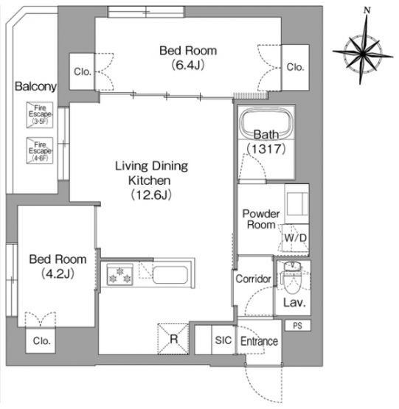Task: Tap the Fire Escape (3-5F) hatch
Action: coord(40,115)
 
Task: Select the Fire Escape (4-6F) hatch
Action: coord(40,150)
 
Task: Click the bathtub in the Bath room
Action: coord(266,124)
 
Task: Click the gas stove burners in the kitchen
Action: coord(120,274)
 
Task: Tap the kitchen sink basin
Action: coord(170,275)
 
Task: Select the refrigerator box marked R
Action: coord(173,339)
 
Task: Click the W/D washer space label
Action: coord(295,238)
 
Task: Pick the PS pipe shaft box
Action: coord(297,326)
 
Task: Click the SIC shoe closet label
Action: coord(223,340)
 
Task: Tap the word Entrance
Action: coord(259,341)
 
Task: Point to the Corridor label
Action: coord(253,279)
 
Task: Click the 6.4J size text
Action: coord(188,65)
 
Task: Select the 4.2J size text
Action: coord(58,273)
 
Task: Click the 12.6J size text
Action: coord(151,195)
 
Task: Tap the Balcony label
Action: coord(35,86)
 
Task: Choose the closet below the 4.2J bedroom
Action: coord(41,340)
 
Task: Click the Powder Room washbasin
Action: coord(297,204)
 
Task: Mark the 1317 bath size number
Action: coord(266,149)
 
